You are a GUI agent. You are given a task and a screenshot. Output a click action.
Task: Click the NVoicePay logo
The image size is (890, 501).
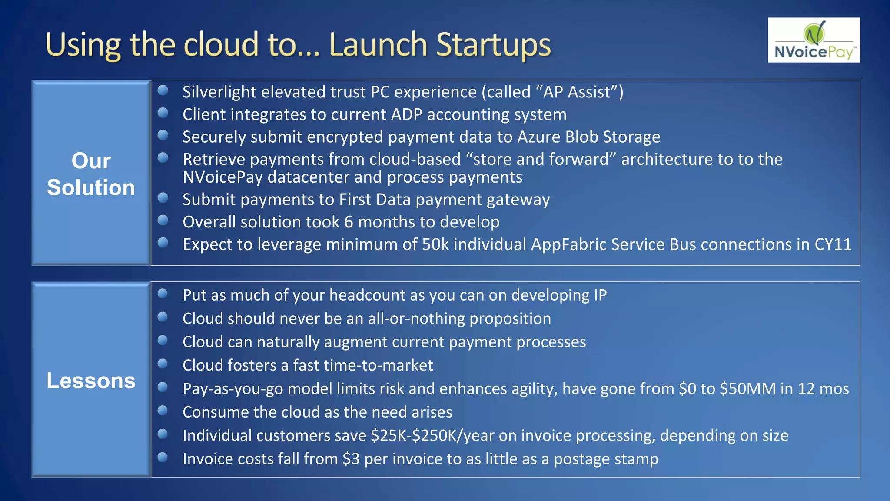(814, 40)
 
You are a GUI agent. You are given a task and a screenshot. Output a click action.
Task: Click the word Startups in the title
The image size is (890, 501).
(493, 45)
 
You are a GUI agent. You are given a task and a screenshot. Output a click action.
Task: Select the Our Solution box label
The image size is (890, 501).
(91, 174)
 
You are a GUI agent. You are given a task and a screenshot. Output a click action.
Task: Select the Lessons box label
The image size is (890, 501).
(91, 381)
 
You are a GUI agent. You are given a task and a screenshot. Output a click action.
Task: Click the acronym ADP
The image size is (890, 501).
(406, 115)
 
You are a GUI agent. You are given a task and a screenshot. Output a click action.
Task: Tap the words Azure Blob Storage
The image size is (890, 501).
(588, 137)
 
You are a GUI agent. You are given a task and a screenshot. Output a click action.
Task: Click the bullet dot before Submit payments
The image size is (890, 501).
(163, 198)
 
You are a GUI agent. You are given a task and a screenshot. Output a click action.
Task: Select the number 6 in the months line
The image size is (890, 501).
(349, 222)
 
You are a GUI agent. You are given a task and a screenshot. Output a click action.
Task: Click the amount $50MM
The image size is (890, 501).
(747, 389)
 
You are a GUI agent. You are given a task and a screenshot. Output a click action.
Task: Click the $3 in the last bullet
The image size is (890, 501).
(351, 459)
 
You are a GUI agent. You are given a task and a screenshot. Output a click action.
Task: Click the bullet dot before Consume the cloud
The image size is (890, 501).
(163, 411)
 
